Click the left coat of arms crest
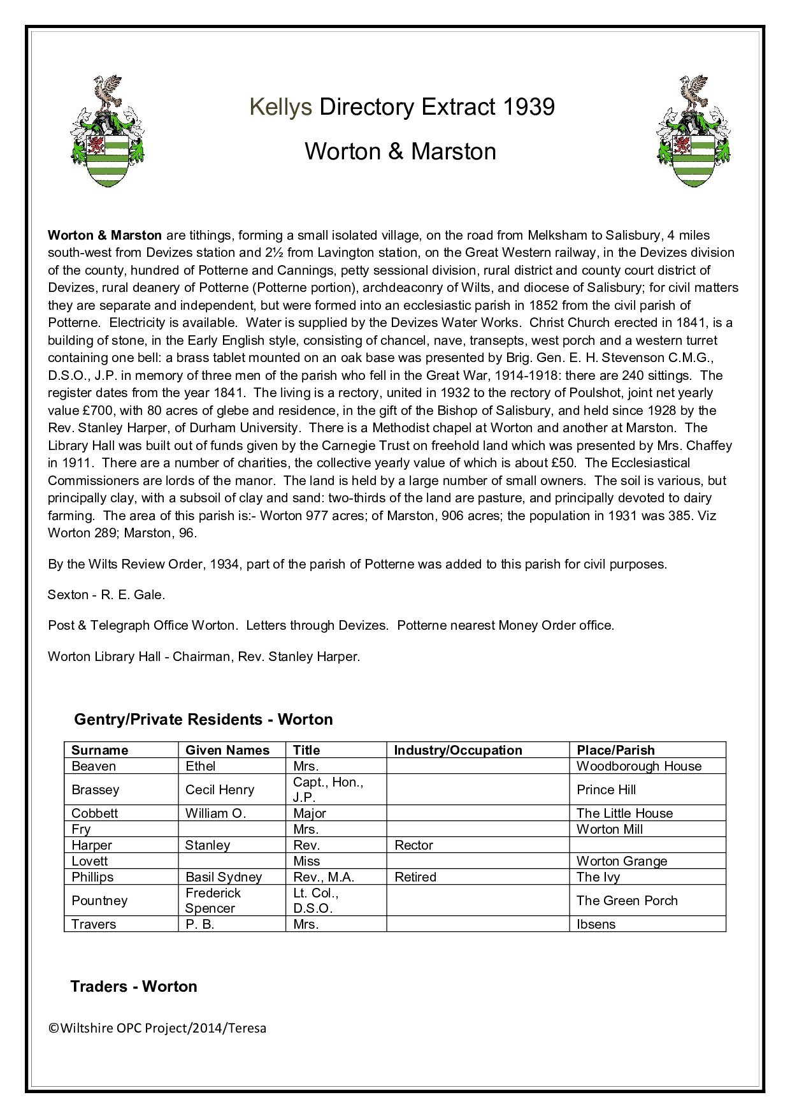(x=106, y=131)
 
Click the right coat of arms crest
(x=694, y=131)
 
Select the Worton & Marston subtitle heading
(x=400, y=152)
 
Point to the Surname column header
(x=100, y=750)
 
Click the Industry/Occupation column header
(x=458, y=750)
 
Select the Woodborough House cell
(x=639, y=766)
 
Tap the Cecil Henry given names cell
(x=220, y=790)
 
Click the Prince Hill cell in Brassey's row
(x=607, y=790)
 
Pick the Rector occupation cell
(x=414, y=845)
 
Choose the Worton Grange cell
(x=622, y=861)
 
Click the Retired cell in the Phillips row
(x=415, y=877)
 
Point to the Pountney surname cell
(x=99, y=901)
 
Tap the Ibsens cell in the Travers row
(x=596, y=924)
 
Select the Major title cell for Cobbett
(x=310, y=813)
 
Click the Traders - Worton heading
(x=134, y=987)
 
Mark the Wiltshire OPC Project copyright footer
(x=157, y=1028)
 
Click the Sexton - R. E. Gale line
(x=106, y=595)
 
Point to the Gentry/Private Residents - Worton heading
(x=204, y=720)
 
